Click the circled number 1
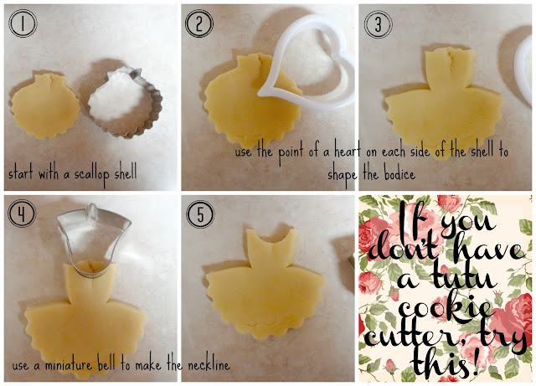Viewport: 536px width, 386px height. (23, 23)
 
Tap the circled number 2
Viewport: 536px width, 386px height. (199, 23)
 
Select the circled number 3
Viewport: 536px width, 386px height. (378, 24)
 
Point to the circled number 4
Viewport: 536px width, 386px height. (22, 214)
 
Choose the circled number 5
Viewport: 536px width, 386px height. (200, 214)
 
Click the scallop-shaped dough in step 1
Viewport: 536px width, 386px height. (45, 106)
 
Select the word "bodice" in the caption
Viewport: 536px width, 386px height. (399, 174)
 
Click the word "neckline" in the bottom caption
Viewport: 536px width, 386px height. (209, 365)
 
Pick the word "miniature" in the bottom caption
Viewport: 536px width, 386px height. (68, 365)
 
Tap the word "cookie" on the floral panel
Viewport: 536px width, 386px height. (445, 307)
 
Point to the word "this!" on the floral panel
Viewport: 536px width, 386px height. (445, 362)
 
